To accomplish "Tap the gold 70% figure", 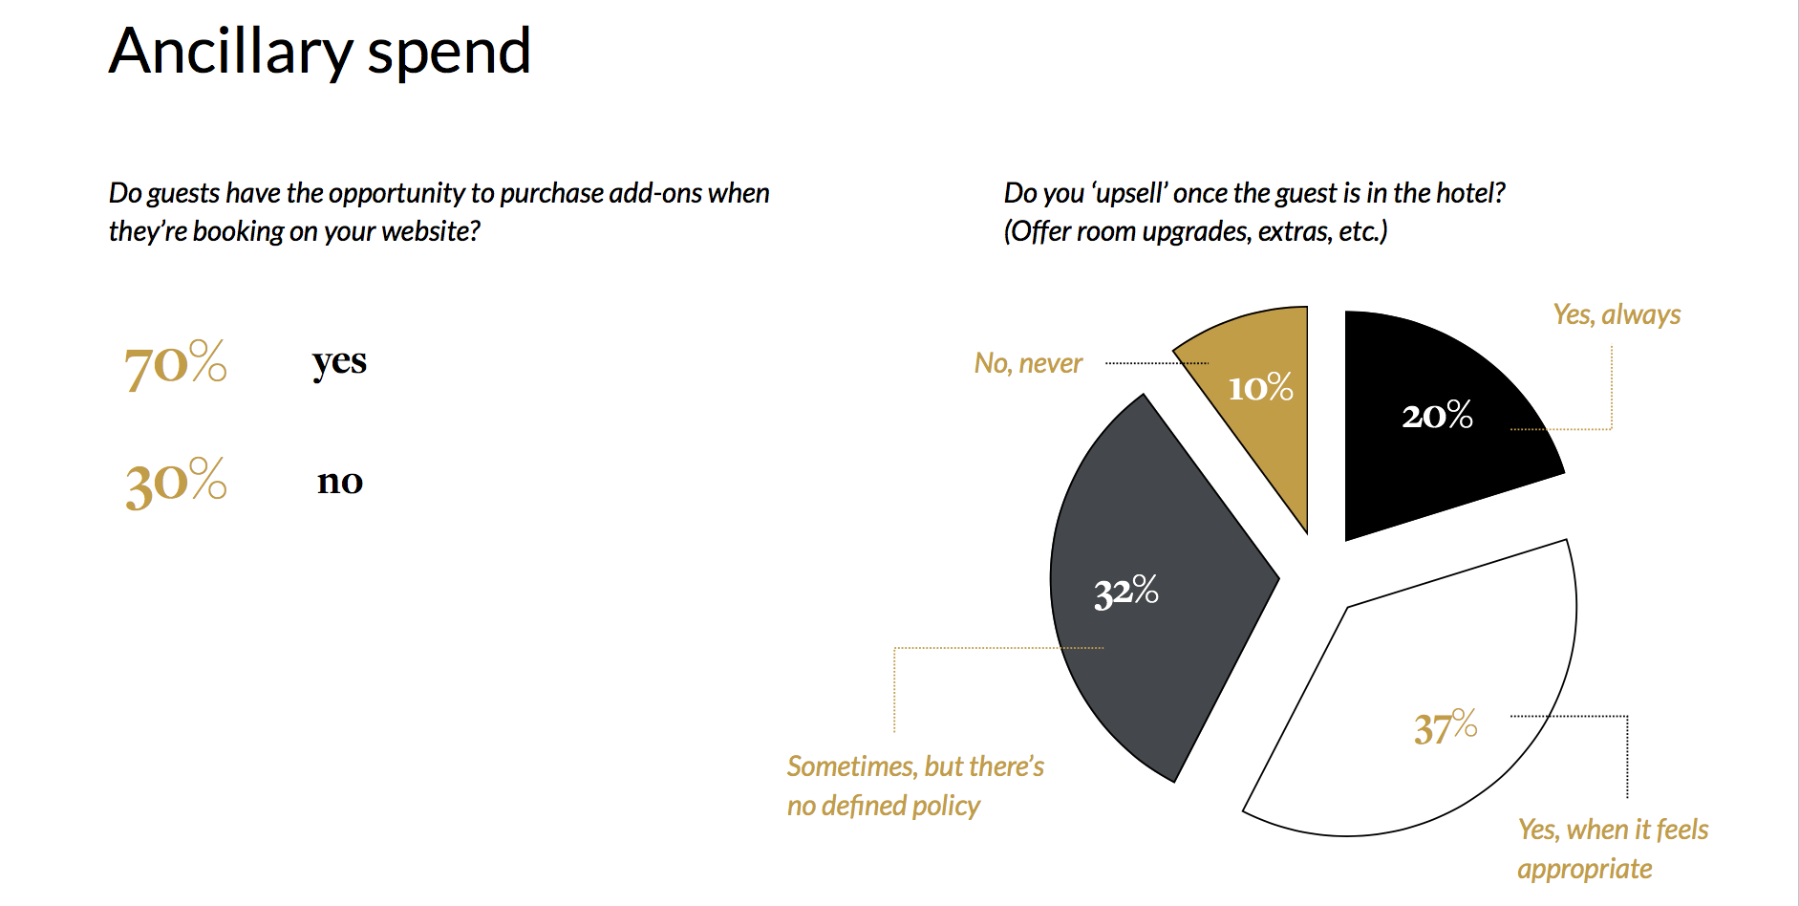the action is [176, 364].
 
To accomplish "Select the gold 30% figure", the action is [176, 482].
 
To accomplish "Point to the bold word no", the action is [340, 481].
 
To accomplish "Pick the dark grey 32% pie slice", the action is [1156, 593].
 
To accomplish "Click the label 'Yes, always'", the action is [1617, 314].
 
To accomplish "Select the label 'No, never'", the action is [1028, 363].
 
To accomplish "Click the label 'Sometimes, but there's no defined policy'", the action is [915, 786].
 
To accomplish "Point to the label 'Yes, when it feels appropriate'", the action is [1613, 849].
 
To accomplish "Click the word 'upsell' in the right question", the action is [1128, 193].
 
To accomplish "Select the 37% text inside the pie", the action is [1446, 727].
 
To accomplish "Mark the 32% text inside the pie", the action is [1126, 592].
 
